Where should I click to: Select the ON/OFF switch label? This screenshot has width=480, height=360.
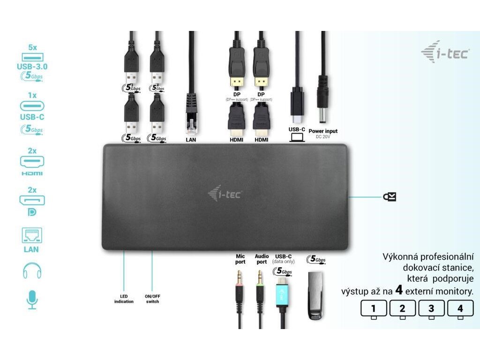(152, 299)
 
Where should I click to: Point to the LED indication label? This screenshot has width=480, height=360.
(124, 299)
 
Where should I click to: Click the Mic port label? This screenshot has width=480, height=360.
(240, 259)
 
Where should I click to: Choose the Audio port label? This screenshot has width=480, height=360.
(262, 259)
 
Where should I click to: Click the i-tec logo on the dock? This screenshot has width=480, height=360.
(225, 193)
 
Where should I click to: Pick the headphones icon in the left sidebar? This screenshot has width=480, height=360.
(32, 270)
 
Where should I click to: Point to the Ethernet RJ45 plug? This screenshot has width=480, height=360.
(192, 112)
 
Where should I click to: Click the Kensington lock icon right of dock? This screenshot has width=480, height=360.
(390, 197)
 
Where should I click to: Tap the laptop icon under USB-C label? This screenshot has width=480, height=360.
(297, 137)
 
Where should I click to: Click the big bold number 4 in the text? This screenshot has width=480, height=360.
(399, 290)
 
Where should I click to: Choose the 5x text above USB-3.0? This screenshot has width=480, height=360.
(32, 47)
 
